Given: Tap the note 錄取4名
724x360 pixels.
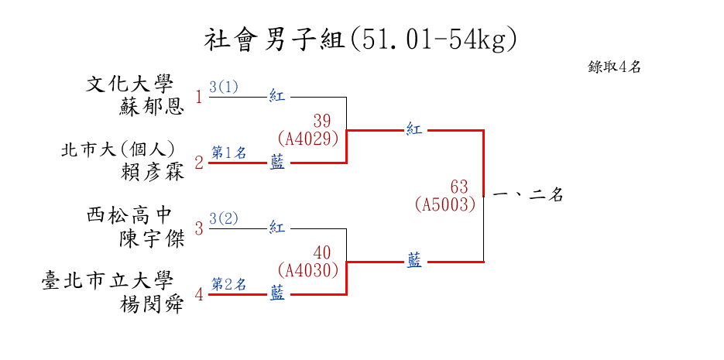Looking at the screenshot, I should click(614, 67).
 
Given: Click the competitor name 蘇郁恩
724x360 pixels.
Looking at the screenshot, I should click(152, 107).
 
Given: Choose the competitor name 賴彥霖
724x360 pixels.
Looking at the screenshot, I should click(153, 172).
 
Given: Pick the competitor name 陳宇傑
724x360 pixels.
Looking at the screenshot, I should click(152, 238).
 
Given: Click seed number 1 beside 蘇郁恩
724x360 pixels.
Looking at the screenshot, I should click(198, 98).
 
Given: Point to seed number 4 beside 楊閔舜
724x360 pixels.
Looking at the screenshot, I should click(199, 295).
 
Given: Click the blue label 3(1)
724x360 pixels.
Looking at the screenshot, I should click(224, 87).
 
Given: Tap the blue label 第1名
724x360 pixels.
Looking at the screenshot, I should click(229, 153).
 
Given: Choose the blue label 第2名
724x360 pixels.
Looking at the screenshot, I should click(229, 285).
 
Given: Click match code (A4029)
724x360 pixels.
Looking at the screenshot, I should click(308, 139).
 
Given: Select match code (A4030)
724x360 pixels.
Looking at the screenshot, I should click(308, 270).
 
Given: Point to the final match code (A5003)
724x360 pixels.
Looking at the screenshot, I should click(444, 205).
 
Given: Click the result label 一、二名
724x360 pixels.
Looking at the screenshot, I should click(528, 196).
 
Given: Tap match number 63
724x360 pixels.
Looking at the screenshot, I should click(459, 187).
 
